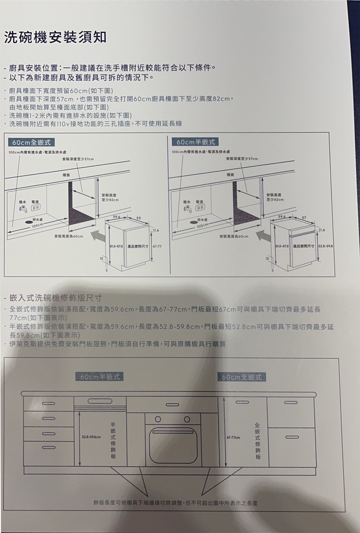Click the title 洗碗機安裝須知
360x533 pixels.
pyautogui.click(x=56, y=37)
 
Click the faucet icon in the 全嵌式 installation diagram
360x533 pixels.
pyautogui.click(x=22, y=209)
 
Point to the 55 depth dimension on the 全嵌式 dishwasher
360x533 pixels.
pyautogui.click(x=139, y=218)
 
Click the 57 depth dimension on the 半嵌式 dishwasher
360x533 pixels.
pyautogui.click(x=304, y=218)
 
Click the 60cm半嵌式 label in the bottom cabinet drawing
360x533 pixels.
pyautogui.click(x=99, y=376)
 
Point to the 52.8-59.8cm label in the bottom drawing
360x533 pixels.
pyautogui.click(x=92, y=437)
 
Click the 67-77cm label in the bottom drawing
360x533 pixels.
pyautogui.click(x=233, y=437)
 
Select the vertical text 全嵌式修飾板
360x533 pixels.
pyautogui.click(x=258, y=439)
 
